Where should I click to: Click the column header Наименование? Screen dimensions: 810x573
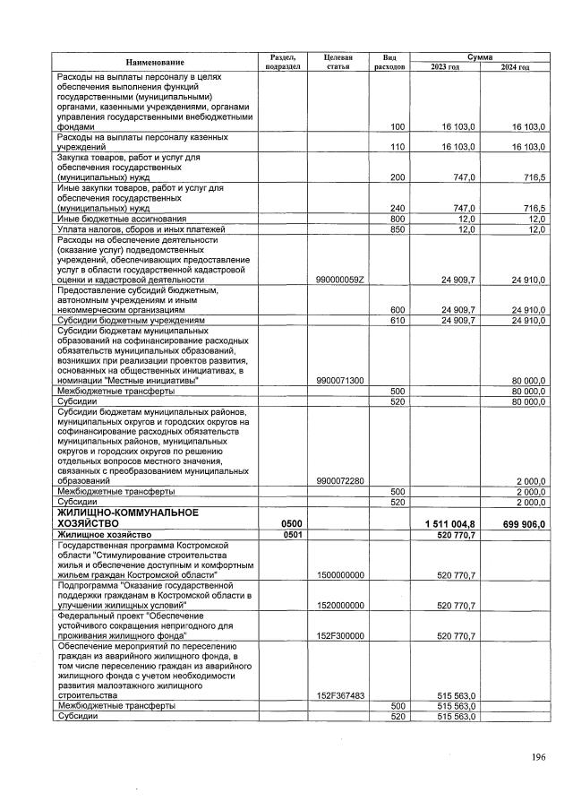coord(155,62)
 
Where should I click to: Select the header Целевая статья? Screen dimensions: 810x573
coord(332,61)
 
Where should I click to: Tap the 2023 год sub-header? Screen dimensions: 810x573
coord(445,67)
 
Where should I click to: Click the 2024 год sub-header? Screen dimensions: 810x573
coord(514,67)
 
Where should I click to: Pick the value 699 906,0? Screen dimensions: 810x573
coord(519,523)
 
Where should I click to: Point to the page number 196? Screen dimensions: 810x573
coord(537,757)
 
